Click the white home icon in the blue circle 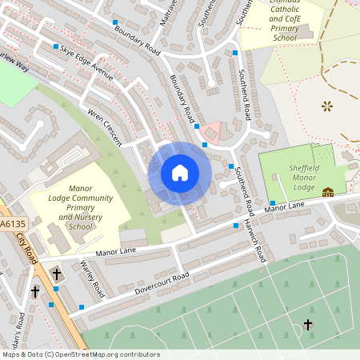[x=180, y=173]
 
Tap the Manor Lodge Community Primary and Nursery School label [x=80, y=208]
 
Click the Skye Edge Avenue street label [x=87, y=60]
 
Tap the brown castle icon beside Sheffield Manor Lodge [x=328, y=192]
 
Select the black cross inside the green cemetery [x=308, y=324]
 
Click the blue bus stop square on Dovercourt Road [x=82, y=306]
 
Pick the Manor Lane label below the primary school [x=117, y=252]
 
